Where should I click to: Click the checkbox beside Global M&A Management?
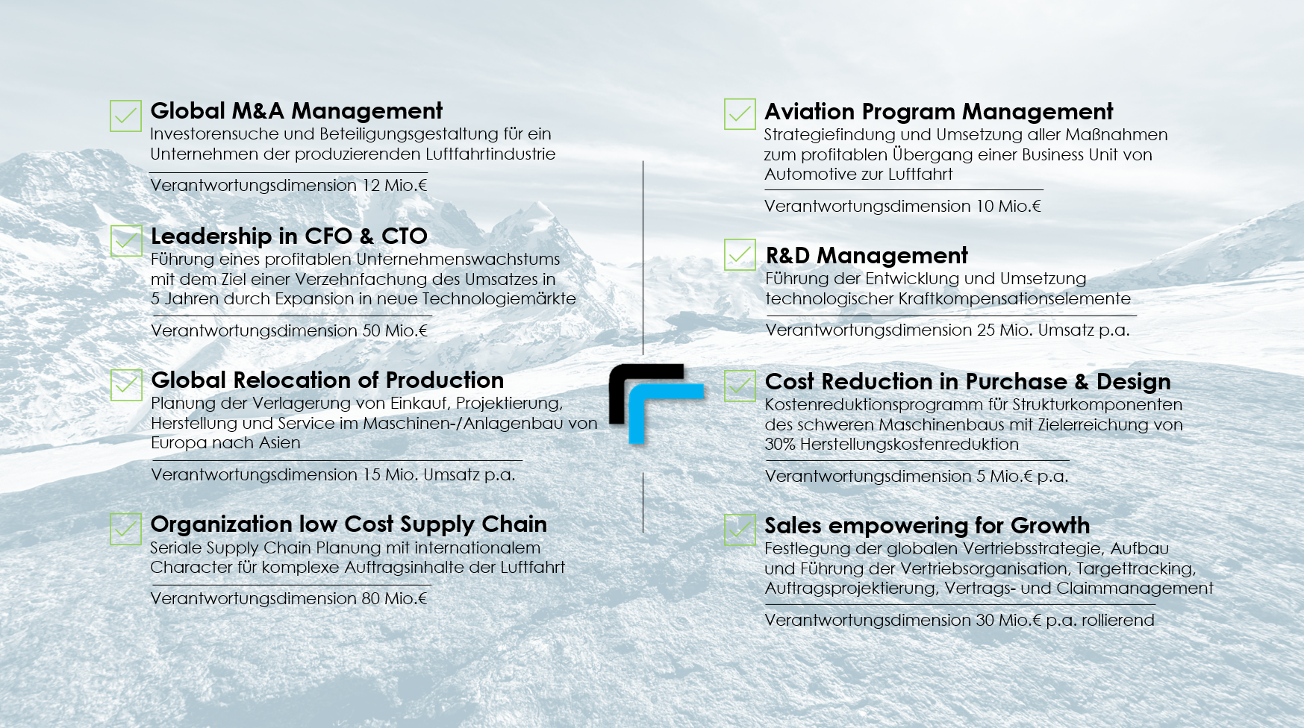tap(125, 116)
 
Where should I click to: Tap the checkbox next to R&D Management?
tap(740, 254)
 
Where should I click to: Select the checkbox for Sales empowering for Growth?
tap(740, 530)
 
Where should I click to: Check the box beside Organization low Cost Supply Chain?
tap(125, 529)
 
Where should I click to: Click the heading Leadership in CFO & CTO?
tap(289, 236)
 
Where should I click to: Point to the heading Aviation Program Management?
tap(938, 112)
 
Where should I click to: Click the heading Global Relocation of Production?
tap(327, 380)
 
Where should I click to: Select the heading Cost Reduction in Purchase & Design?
tap(967, 382)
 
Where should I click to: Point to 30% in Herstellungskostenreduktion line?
tap(780, 445)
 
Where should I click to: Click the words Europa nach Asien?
tap(225, 443)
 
